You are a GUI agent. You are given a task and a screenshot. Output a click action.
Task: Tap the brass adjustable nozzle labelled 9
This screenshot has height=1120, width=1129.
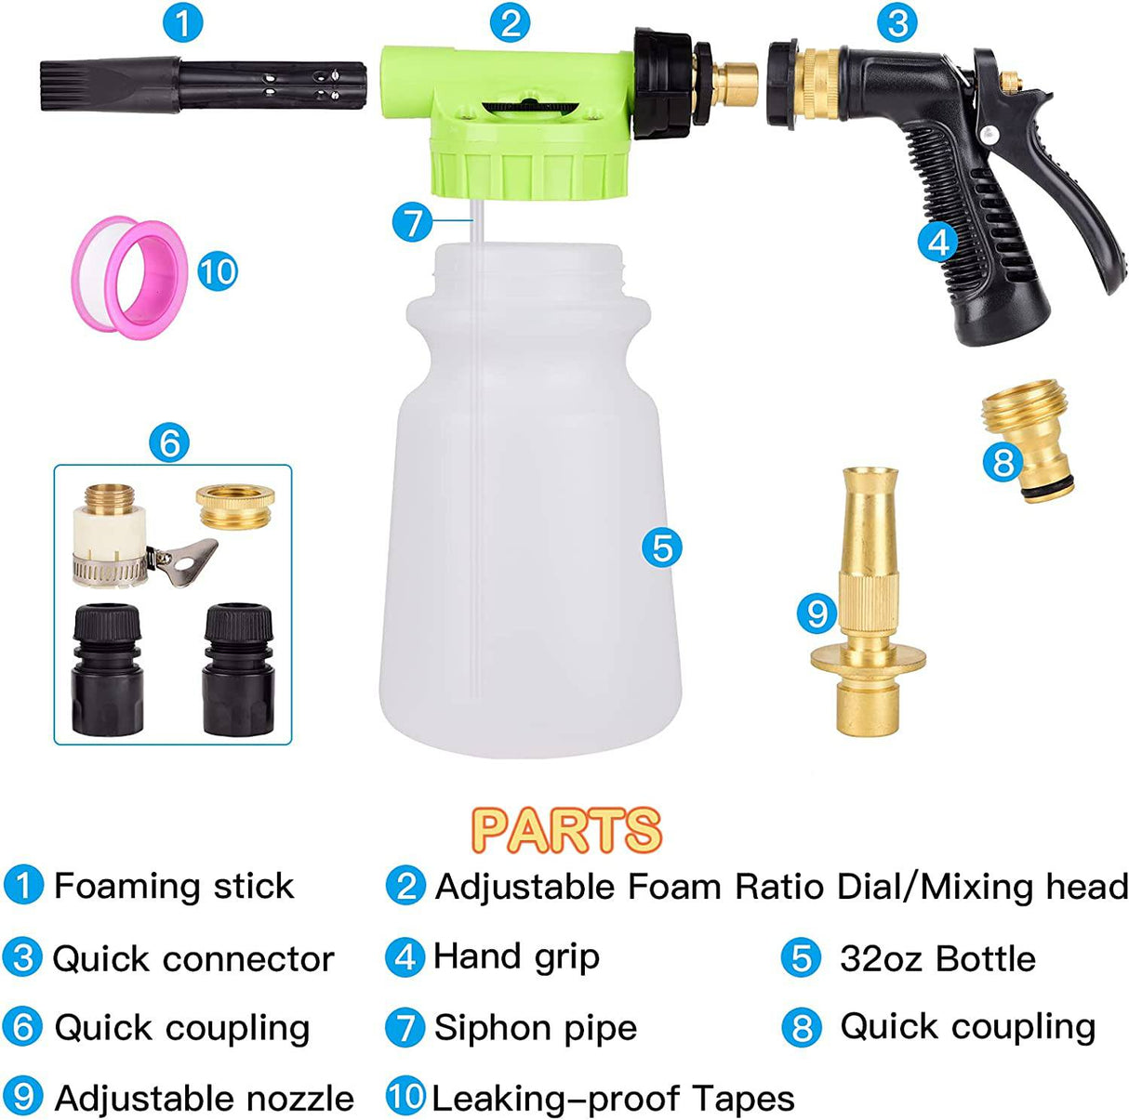pos(868,604)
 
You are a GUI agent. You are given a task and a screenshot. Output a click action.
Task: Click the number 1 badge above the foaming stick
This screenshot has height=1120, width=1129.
pos(182,22)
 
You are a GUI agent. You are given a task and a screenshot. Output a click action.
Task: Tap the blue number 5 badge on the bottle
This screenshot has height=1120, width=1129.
pos(661,547)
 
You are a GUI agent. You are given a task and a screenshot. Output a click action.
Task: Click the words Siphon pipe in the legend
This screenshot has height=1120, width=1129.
pos(535,1028)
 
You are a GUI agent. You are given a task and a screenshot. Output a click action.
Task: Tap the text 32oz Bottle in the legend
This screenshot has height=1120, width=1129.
pos(936,958)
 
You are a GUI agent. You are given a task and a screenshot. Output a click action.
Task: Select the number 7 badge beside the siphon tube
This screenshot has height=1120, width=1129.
pos(412,222)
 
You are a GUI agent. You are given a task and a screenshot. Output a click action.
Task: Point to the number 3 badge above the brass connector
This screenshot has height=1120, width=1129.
pos(897,22)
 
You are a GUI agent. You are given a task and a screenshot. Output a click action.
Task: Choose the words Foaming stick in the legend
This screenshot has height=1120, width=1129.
pos(174,886)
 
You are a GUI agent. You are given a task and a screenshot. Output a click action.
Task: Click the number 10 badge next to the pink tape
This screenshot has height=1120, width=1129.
pos(218,271)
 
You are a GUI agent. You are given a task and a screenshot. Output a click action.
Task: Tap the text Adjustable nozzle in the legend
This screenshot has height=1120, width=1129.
pos(204,1099)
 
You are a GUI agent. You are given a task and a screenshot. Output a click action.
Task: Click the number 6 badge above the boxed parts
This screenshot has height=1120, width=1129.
pos(169,443)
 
